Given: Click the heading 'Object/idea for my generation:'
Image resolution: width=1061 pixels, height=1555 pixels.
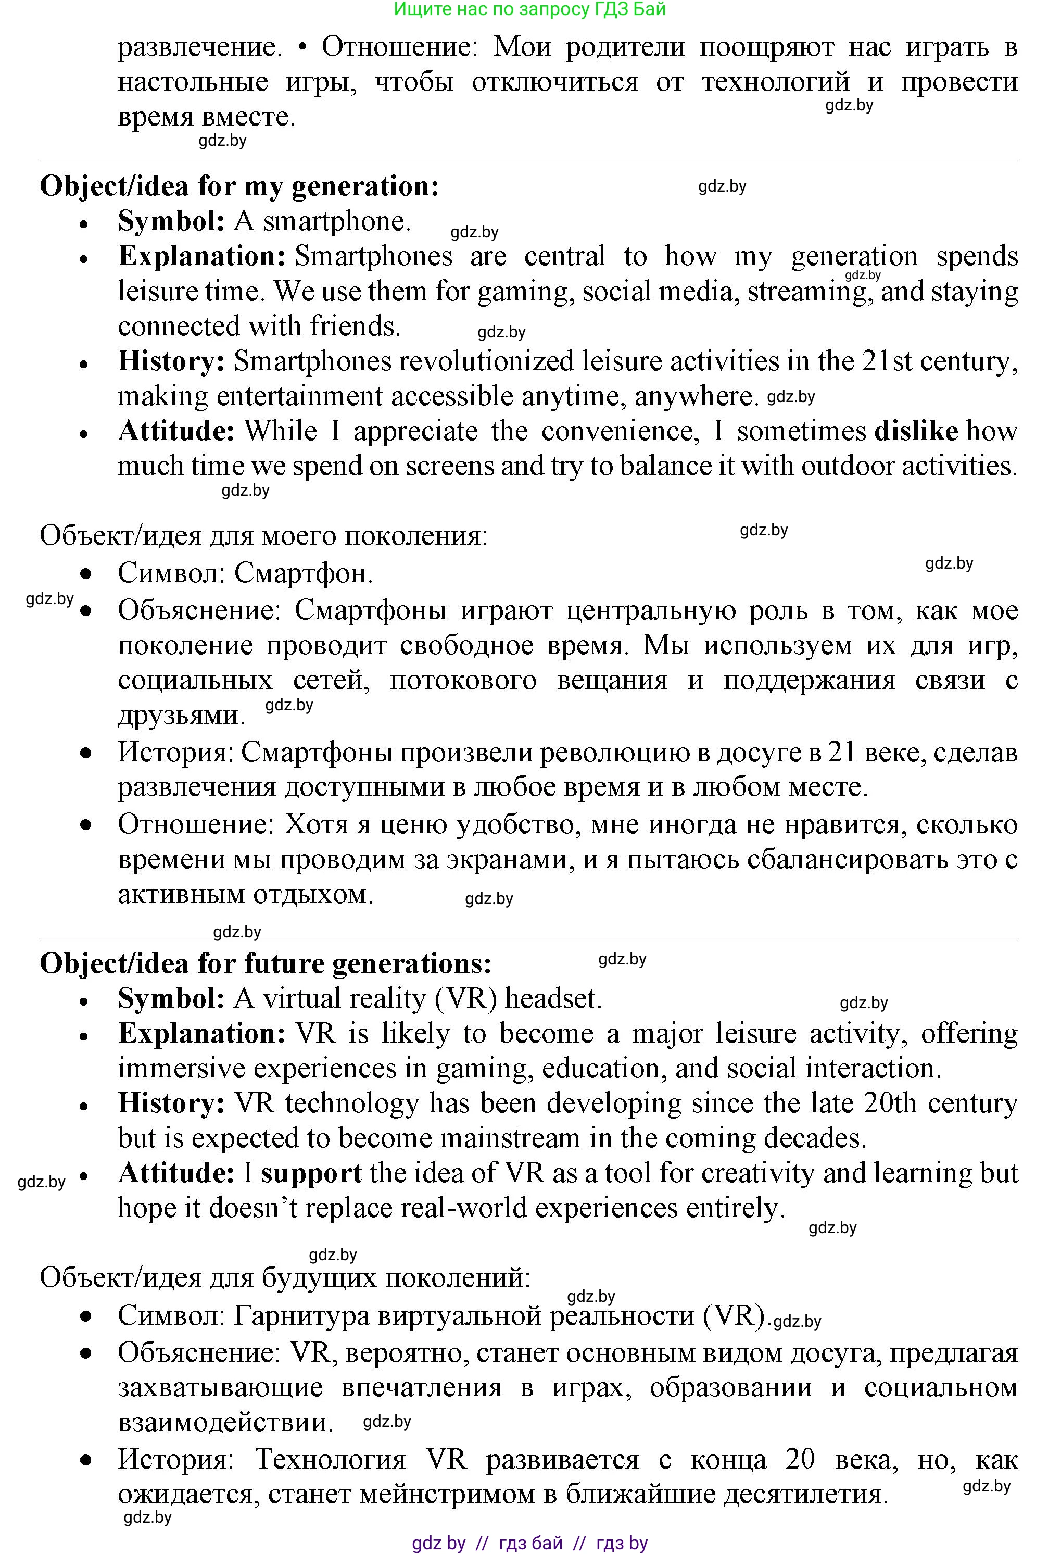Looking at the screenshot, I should point(239,186).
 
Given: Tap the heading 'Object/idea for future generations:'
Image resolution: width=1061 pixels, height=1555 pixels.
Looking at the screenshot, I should point(266,963).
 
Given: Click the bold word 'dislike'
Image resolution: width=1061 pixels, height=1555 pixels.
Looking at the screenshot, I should point(916,431).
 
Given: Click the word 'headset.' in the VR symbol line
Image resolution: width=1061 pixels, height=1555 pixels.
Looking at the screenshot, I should point(553,998).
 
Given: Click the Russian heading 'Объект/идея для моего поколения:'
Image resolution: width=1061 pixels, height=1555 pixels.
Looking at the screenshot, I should point(263,536).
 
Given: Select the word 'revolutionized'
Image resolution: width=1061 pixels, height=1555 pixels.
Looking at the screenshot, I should point(403,361).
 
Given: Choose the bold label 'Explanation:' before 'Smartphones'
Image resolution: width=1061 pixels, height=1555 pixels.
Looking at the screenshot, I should point(202,256).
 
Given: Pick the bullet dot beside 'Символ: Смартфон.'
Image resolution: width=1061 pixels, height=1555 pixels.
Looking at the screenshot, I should point(85,574).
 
